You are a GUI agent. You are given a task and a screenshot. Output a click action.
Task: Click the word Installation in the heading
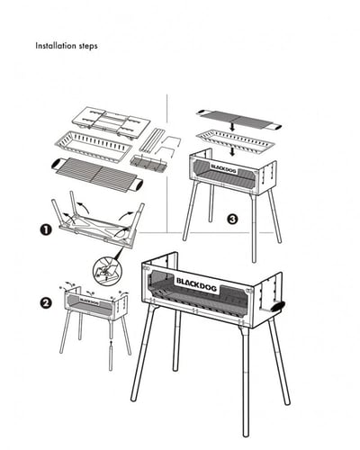pyautogui.click(x=55, y=46)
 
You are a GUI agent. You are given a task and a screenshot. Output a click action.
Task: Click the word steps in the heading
pyautogui.click(x=88, y=46)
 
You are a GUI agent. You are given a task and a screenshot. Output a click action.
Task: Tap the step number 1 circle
pyautogui.click(x=45, y=230)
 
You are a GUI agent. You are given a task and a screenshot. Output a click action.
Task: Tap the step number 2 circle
pyautogui.click(x=46, y=302)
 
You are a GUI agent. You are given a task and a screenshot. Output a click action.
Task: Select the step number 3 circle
pyautogui.click(x=232, y=219)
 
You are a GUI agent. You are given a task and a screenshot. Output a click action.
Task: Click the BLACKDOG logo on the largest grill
pyautogui.click(x=197, y=284)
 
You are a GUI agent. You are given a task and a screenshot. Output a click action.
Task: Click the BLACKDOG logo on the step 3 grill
pyautogui.click(x=223, y=168)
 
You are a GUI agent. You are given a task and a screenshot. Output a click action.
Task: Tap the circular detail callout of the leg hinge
pyautogui.click(x=107, y=271)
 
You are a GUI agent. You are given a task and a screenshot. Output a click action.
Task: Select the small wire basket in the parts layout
pyautogui.click(x=148, y=164)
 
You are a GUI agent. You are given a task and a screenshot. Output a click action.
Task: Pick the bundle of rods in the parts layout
pyautogui.click(x=152, y=139)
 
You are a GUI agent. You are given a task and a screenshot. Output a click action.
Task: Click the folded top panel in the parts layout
pyautogui.click(x=111, y=122)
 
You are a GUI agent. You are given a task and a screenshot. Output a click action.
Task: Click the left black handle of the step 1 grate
pyautogui.click(x=56, y=164)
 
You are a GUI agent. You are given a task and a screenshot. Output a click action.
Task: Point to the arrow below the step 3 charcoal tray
pyautogui.click(x=232, y=151)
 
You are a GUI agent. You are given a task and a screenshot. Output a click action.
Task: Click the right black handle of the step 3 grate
pyautogui.click(x=275, y=127)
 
